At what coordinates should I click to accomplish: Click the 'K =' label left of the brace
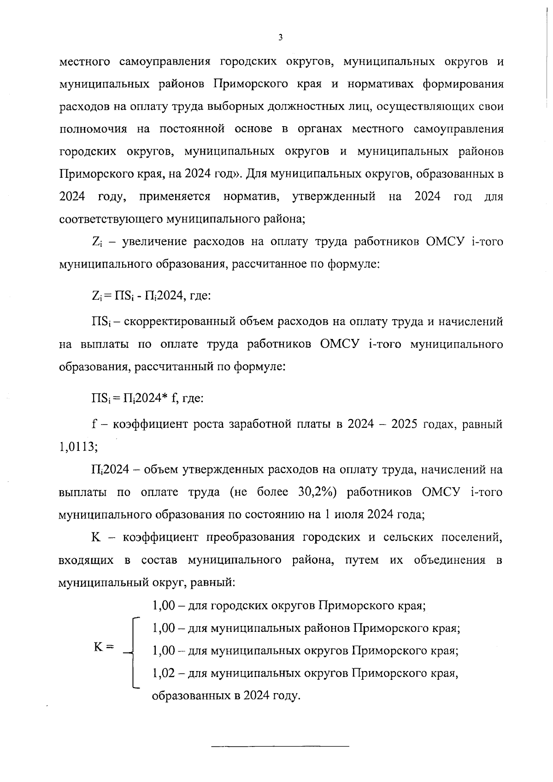click(x=104, y=647)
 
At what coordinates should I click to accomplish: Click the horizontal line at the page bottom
click(x=280, y=746)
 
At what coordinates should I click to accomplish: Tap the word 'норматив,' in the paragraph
click(x=251, y=197)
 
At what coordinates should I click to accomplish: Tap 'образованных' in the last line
click(x=189, y=695)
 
